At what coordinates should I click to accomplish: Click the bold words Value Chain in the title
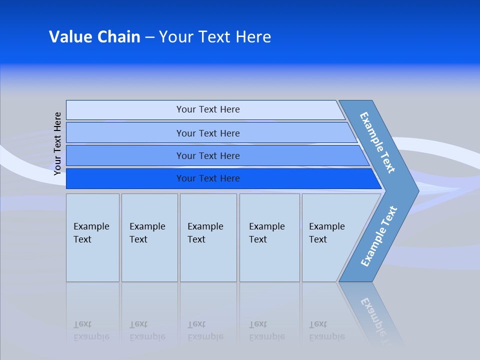click(94, 37)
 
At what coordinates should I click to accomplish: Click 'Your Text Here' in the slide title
click(215, 37)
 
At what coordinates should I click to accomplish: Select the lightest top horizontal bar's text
click(208, 109)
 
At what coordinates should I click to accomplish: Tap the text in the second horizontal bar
click(208, 133)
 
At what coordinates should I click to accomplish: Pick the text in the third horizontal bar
click(208, 156)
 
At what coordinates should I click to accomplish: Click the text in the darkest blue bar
click(208, 178)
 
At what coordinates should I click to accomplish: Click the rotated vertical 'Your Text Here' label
click(57, 143)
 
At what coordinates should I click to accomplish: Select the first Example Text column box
click(92, 237)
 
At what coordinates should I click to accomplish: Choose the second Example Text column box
click(149, 237)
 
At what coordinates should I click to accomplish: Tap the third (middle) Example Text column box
click(208, 237)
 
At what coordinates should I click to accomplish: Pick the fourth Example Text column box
click(269, 237)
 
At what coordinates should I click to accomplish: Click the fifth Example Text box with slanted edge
click(330, 237)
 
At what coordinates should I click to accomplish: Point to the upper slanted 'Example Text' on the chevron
click(377, 142)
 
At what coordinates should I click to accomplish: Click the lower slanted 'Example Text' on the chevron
click(379, 236)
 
